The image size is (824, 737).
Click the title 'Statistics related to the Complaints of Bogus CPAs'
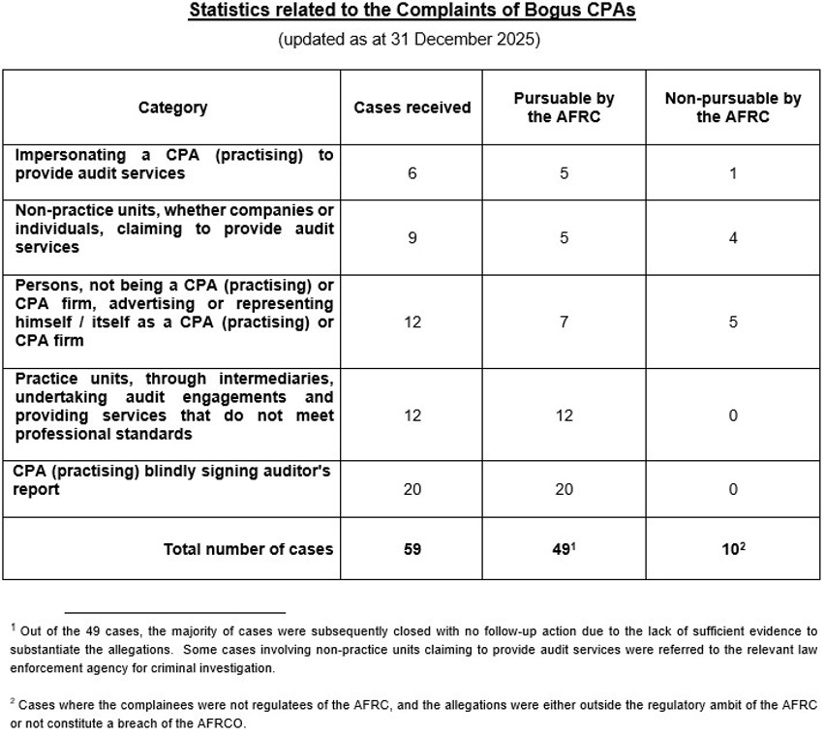[x=412, y=13]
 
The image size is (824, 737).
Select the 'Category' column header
[x=172, y=107]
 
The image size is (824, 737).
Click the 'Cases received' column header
[x=412, y=107]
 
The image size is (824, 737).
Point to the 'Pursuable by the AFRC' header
[x=564, y=107]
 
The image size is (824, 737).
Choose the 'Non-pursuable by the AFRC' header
[x=732, y=107]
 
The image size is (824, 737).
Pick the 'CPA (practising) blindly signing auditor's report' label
[x=173, y=479]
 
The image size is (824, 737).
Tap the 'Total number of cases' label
[x=248, y=549]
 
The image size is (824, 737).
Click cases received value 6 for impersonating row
[x=412, y=173]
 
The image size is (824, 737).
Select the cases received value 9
[x=412, y=237]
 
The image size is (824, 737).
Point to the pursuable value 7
[x=564, y=322]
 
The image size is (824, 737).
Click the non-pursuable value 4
[x=733, y=237]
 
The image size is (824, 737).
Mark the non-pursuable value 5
[x=733, y=322]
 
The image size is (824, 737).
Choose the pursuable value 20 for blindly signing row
[x=564, y=489]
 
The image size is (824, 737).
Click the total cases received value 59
[x=412, y=549]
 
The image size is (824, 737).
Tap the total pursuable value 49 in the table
[x=562, y=549]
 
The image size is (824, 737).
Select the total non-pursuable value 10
[x=730, y=549]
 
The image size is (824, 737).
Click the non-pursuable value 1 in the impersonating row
[x=733, y=173]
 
